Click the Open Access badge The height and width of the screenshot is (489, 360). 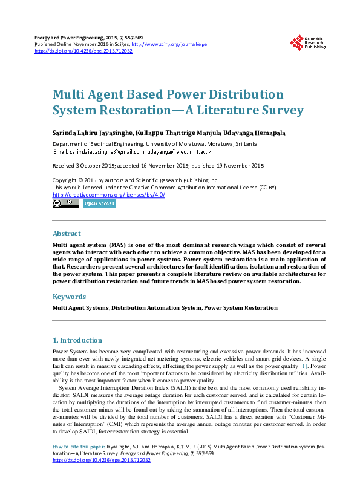pos(99,203)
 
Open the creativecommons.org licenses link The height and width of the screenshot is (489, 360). pos(109,195)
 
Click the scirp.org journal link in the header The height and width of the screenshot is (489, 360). pos(169,45)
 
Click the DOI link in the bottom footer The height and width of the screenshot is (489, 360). pos(102,460)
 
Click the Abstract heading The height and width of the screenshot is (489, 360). pos(67,234)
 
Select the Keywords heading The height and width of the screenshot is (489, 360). pos(69,297)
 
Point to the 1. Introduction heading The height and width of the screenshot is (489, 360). pos(77,340)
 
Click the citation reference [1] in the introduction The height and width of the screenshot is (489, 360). pos(304,367)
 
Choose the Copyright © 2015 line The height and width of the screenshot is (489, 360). pos(136,180)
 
